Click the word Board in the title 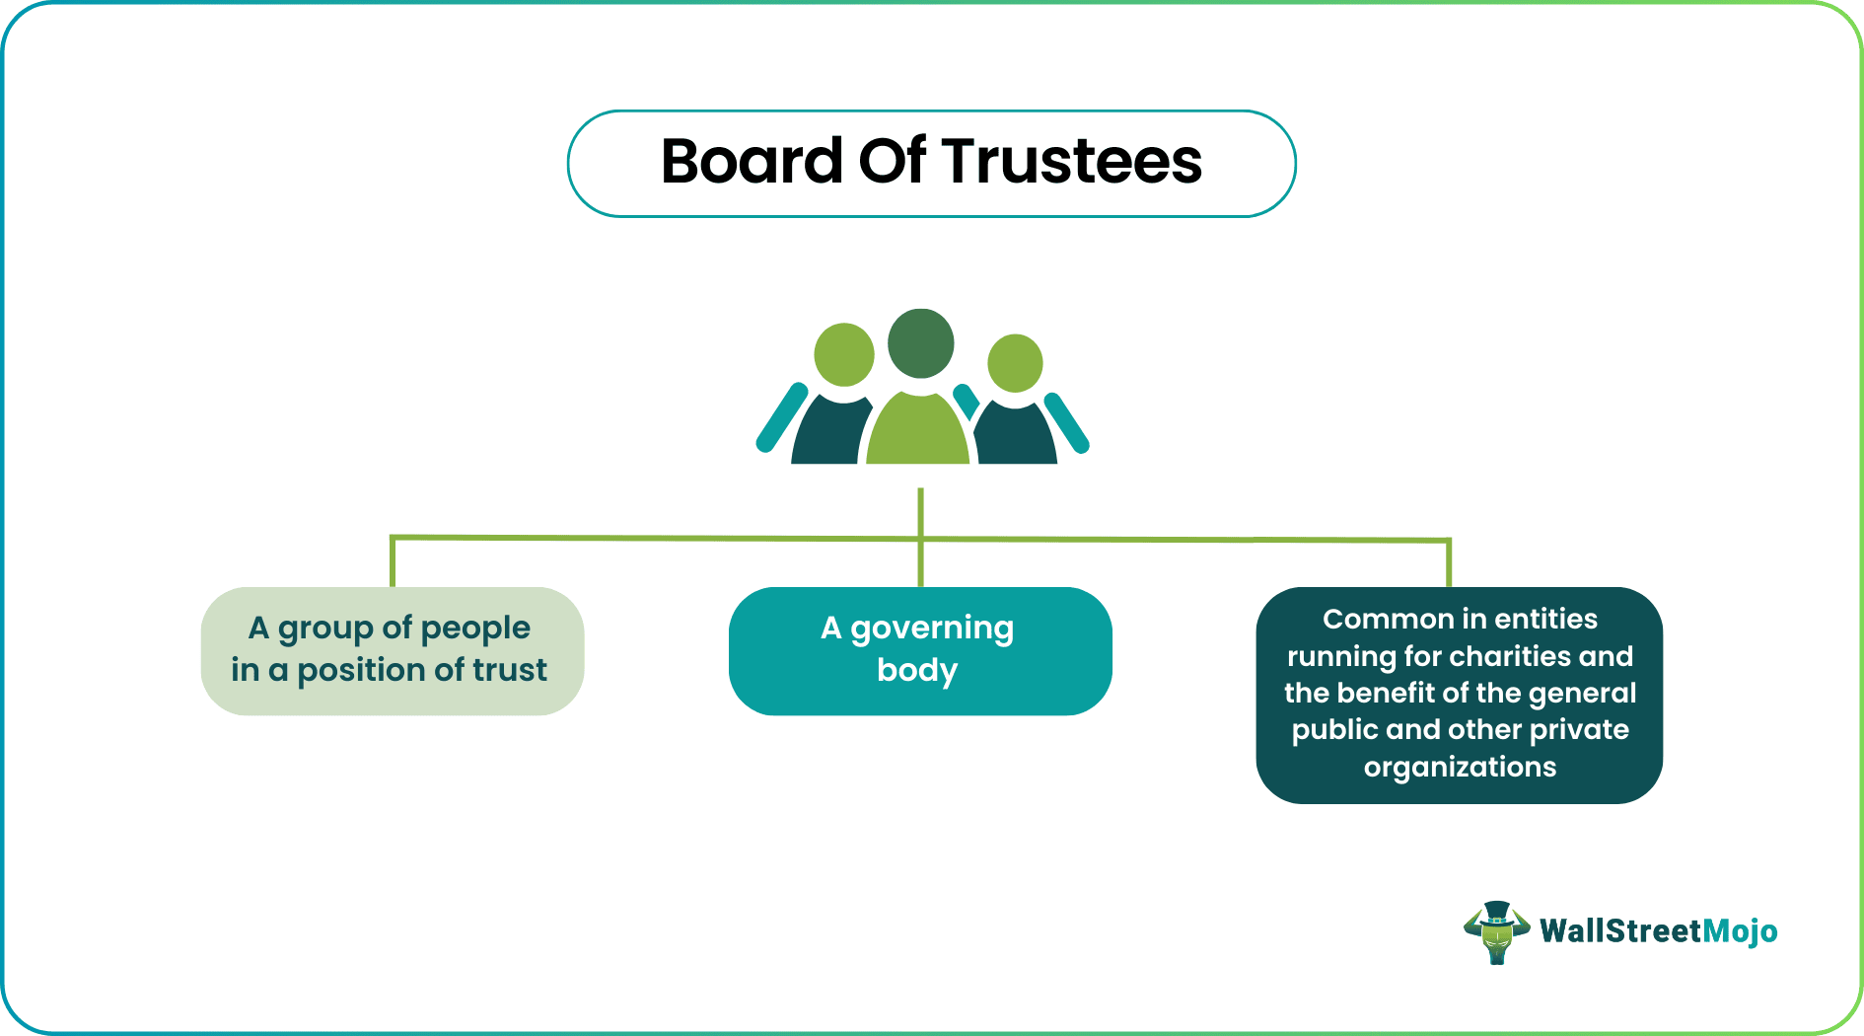click(752, 161)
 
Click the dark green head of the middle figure click(921, 343)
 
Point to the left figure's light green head click(844, 354)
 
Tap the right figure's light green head click(1015, 363)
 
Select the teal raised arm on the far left click(782, 417)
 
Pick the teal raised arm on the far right click(1067, 423)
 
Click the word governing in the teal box click(932, 629)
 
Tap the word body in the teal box click(917, 671)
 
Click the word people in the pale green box click(475, 629)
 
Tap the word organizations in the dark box click(1460, 768)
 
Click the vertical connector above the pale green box click(393, 562)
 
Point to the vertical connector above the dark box click(1448, 564)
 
